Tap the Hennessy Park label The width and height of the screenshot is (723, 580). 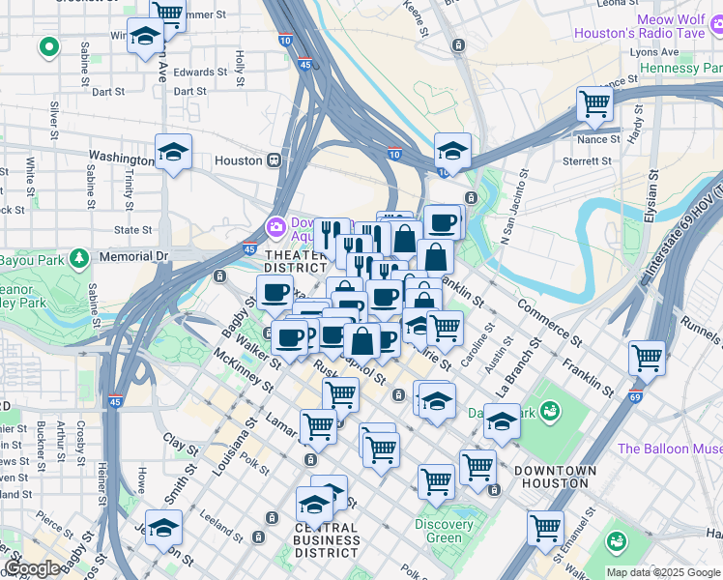681,69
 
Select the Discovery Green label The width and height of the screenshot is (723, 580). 444,531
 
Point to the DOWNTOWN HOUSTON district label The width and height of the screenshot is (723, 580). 555,476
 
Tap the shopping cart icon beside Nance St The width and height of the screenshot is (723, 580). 594,103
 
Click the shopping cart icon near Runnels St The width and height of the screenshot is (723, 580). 647,358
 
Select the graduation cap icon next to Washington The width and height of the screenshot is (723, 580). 173,152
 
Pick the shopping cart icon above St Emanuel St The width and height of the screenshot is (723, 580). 545,528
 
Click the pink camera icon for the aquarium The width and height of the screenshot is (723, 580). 276,225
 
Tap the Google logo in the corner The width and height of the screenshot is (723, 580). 32,568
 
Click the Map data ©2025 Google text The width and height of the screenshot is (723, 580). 663,572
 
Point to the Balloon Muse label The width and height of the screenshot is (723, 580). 669,449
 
